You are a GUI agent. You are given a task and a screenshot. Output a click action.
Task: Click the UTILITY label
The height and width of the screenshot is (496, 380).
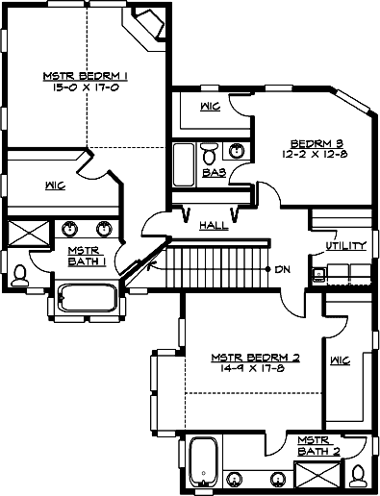[346, 246]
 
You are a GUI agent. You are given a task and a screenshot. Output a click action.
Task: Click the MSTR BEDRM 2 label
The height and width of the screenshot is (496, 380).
[256, 358]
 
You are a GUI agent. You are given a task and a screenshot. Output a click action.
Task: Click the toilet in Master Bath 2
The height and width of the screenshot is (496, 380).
[357, 475]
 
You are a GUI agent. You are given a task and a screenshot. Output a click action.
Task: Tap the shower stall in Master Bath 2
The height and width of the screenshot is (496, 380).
[316, 476]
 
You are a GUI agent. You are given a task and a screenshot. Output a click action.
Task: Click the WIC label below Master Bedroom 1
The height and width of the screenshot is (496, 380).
[54, 185]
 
